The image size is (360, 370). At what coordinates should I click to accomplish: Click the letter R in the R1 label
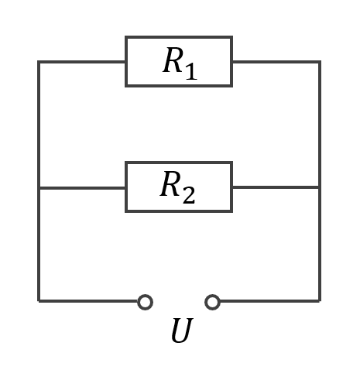[x=173, y=60]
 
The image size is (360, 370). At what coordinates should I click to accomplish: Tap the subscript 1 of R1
[x=191, y=69]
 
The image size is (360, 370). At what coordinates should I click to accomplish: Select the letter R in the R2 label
[x=170, y=184]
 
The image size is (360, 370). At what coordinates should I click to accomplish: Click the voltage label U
[x=182, y=330]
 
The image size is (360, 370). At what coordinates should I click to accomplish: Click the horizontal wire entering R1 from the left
[x=82, y=62]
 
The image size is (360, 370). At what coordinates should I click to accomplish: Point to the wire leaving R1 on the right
[x=276, y=62]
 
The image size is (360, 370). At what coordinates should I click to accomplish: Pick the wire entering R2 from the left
[x=82, y=187]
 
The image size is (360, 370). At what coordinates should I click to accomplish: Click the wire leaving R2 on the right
[x=276, y=187]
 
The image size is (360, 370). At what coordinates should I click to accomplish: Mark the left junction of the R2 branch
[x=39, y=187]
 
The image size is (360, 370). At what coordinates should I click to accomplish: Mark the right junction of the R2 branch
[x=320, y=187]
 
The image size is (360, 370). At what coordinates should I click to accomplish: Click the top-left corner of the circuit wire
[x=39, y=62]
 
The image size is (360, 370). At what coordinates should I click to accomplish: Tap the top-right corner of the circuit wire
[x=320, y=62]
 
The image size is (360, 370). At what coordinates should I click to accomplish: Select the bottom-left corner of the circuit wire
[x=39, y=301]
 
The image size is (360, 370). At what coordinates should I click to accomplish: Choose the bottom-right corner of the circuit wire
[x=320, y=301]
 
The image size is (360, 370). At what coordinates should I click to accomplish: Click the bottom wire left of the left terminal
[x=88, y=301]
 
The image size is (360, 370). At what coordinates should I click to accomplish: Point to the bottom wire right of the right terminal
[x=270, y=301]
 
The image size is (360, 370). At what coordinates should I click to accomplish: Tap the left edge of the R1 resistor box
[x=126, y=62]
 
